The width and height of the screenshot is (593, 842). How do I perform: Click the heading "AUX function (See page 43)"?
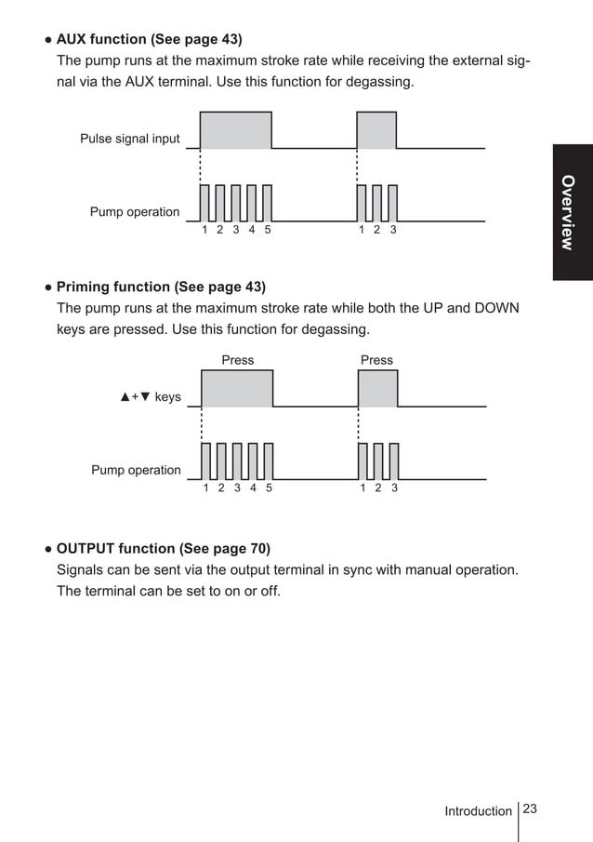click(149, 39)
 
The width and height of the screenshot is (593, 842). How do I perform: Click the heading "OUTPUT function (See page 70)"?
click(164, 548)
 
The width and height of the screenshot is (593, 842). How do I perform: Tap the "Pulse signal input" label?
click(130, 140)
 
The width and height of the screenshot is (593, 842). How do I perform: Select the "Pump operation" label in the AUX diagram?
click(135, 212)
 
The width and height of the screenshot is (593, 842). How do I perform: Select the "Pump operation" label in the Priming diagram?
click(136, 470)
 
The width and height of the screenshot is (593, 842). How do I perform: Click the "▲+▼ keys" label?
click(151, 397)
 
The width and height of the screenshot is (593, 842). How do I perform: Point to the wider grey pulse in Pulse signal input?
click(236, 130)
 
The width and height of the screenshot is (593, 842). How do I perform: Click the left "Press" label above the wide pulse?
click(237, 360)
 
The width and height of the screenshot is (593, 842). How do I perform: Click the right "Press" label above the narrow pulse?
click(376, 360)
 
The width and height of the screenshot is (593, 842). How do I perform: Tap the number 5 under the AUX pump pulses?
click(268, 230)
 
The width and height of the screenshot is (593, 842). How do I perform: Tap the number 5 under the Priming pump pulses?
click(269, 488)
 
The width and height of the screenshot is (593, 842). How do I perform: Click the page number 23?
click(531, 809)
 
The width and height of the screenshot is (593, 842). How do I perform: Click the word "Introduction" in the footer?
click(478, 811)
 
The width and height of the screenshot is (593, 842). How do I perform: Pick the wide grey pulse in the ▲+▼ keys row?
click(237, 389)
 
